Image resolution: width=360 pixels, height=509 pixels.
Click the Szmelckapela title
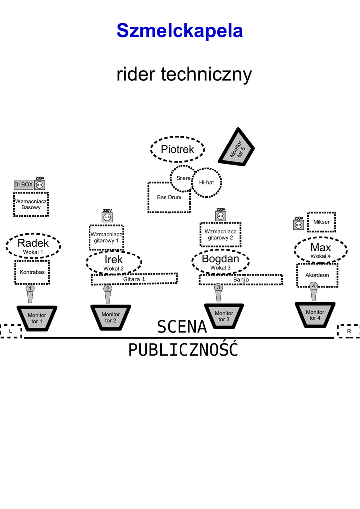point(180,31)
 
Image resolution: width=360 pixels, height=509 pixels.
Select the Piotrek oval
point(178,149)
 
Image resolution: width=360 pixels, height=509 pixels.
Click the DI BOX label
point(23,185)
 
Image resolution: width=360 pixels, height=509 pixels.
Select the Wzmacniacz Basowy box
point(31,204)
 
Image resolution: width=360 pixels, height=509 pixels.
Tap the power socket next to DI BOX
point(40,185)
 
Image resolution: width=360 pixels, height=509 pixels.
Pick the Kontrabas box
point(32,272)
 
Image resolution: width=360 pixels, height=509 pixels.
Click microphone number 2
point(108,293)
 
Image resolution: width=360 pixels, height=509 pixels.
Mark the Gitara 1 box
point(134,279)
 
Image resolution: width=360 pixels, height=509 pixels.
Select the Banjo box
point(241,280)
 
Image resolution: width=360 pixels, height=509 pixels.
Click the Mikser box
point(321,222)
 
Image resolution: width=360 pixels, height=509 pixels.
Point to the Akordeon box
point(317,275)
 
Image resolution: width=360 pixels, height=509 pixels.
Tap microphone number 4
point(314,291)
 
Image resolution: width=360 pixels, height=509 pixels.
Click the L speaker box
point(11,331)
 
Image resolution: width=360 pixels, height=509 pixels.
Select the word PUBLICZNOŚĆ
point(183,350)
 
